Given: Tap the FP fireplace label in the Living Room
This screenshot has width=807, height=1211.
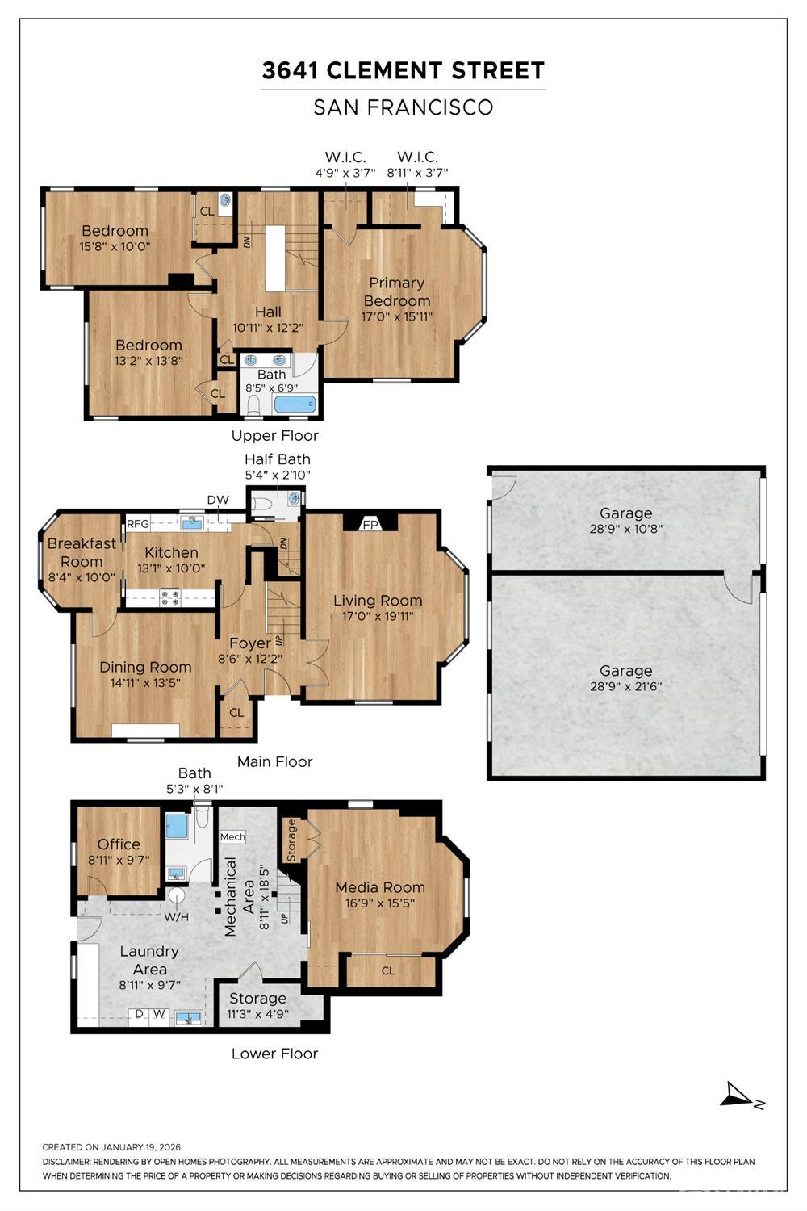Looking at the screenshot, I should tap(370, 524).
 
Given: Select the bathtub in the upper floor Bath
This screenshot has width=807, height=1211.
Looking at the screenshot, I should tap(294, 404).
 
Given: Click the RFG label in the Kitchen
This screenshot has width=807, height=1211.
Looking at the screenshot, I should tap(138, 524).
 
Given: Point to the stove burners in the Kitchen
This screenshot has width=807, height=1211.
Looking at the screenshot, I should tap(170, 597).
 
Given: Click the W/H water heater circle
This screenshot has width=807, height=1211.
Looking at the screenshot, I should tap(176, 895).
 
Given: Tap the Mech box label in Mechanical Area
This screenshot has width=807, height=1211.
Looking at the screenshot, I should tap(232, 837).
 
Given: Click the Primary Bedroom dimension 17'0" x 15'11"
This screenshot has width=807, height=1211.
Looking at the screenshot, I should tap(396, 316).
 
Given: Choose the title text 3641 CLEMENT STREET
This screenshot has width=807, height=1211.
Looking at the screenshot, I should tap(403, 71).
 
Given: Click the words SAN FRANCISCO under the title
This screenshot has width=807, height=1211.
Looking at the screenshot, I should tap(403, 107).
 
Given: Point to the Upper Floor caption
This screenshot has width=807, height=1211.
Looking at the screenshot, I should tap(274, 436).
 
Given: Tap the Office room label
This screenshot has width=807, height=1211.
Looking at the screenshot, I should tap(119, 844).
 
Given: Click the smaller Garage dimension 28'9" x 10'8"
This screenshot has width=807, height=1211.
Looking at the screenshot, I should tap(625, 529).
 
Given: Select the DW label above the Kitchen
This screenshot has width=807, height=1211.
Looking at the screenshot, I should tap(217, 500).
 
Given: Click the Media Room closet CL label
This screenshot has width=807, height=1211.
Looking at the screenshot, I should tap(388, 970).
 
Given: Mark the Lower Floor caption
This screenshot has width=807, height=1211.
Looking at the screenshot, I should tap(274, 1054).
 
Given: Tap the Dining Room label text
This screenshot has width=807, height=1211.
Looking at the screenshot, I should tap(145, 667).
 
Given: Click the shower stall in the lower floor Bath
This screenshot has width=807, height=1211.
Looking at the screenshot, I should tap(177, 828).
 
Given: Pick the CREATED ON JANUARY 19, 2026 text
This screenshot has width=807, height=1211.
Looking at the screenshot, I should tap(111, 1147).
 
